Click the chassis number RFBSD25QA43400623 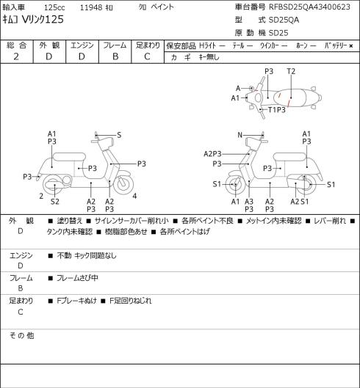309,7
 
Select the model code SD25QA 284,20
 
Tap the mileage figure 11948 91,7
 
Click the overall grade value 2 16,56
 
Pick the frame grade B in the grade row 115,56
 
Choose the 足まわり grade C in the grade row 147,56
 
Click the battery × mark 351,46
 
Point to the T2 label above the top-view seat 291,72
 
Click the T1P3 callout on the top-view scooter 277,109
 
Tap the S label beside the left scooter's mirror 119,135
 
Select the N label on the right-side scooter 240,135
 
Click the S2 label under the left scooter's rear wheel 55,202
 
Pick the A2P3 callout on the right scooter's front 212,154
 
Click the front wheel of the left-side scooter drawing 123,186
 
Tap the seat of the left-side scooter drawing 69,158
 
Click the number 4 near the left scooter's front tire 134,197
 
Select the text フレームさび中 77,278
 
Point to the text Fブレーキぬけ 76,301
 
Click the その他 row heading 21,336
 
